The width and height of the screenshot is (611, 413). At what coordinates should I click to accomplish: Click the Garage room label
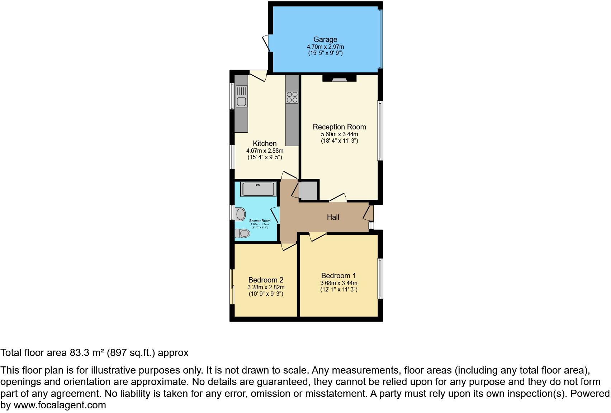(325, 39)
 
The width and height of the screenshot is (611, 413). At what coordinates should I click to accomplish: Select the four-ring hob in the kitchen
(292, 97)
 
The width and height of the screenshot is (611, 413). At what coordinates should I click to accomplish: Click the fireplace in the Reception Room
(339, 79)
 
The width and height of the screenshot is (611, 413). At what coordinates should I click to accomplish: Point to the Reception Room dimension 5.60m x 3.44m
(339, 134)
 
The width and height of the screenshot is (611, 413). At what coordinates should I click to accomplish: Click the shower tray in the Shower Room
(258, 189)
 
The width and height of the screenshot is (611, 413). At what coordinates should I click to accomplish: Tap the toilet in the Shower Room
(243, 233)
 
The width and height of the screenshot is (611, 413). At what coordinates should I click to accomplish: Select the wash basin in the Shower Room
(240, 214)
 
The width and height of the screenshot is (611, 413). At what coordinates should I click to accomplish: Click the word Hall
(333, 217)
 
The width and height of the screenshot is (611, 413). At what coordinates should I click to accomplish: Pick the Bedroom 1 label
(338, 276)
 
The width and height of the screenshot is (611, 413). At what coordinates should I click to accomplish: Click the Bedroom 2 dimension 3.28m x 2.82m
(266, 288)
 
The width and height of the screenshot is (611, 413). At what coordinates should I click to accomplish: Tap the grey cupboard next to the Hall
(308, 191)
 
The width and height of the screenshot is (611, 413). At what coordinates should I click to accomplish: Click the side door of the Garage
(266, 43)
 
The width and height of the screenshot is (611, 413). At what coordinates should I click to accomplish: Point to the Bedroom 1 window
(380, 279)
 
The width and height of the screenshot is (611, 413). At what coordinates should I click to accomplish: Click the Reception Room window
(380, 130)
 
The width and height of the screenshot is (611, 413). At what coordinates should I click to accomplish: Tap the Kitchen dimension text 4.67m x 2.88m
(265, 151)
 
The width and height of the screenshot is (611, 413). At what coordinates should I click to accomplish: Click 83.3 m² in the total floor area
(85, 353)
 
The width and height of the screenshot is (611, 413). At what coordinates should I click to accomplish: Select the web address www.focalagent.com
(60, 405)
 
